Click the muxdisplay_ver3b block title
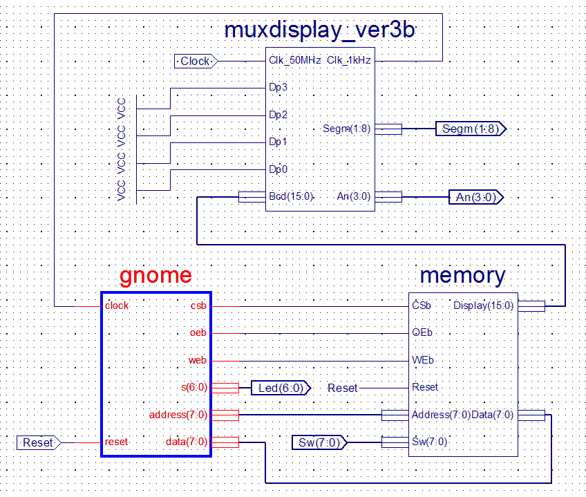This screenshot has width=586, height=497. (x=319, y=30)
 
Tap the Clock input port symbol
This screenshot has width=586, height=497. (x=196, y=62)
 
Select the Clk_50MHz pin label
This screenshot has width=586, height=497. (x=295, y=60)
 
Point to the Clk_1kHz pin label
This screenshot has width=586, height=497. (x=349, y=60)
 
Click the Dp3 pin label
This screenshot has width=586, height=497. (x=278, y=87)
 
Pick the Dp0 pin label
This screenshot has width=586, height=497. (x=278, y=169)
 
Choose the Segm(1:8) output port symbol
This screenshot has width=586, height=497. (x=471, y=129)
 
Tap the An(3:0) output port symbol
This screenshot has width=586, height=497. (x=476, y=197)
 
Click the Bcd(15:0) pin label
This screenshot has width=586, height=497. (x=291, y=196)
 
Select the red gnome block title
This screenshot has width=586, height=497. (x=155, y=276)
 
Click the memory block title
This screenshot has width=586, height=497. (x=463, y=276)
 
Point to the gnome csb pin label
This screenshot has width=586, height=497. (x=198, y=306)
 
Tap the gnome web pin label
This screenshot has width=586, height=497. (x=198, y=361)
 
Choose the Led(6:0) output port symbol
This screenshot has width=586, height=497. (x=281, y=388)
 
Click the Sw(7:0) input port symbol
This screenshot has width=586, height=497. (x=319, y=443)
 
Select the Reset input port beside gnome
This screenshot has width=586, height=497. (x=39, y=443)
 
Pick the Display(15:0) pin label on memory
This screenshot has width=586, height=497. (x=483, y=306)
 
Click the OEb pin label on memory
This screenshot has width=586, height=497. (x=422, y=332)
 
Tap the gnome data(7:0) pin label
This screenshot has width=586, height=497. (x=186, y=442)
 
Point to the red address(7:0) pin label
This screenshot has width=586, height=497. (x=178, y=415)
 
